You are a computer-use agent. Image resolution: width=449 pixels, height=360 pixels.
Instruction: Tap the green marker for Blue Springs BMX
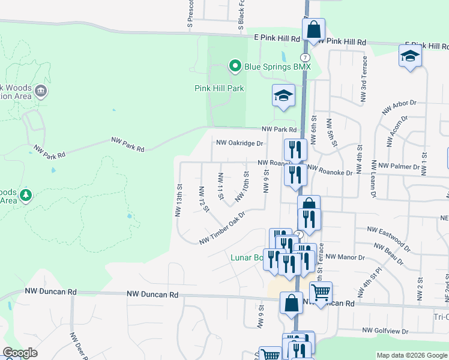(x=235, y=66)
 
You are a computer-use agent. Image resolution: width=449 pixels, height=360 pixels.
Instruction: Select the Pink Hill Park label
(x=219, y=88)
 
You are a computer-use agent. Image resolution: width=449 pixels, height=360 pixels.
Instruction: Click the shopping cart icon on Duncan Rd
(x=321, y=293)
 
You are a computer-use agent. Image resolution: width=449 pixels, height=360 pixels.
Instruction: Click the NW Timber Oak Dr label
(x=223, y=228)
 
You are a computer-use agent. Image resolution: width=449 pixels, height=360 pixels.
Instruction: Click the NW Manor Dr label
(x=345, y=257)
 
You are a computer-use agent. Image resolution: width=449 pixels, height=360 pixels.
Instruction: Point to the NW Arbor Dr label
(x=399, y=108)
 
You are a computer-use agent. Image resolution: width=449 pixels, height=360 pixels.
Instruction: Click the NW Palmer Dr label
(x=399, y=166)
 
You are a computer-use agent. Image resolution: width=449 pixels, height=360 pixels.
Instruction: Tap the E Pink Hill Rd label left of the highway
(x=276, y=38)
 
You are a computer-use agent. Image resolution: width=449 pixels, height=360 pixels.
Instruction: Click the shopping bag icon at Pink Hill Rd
(x=313, y=29)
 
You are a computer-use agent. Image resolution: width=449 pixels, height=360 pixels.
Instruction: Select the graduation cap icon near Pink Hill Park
(x=284, y=96)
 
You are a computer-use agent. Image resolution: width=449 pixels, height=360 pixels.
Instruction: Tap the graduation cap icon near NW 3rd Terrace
(x=410, y=56)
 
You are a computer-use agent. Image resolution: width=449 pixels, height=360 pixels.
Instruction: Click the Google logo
(x=20, y=353)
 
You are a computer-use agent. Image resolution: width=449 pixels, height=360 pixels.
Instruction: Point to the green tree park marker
(x=25, y=195)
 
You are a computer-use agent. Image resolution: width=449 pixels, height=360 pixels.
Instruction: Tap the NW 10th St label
(x=242, y=186)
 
